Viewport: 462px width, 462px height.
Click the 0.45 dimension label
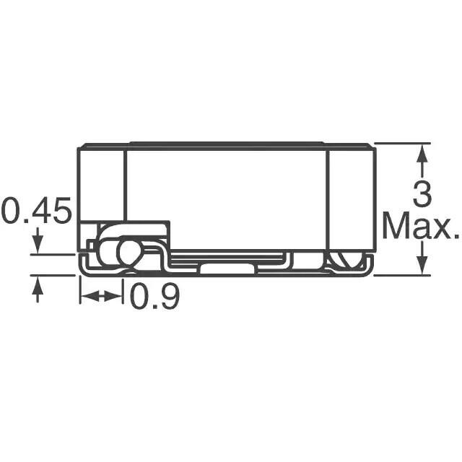pos(37,210)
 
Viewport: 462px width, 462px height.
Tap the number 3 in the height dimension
pos(422,193)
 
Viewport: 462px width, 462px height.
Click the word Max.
pos(422,225)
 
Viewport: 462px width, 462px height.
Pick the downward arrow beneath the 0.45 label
pos(38,240)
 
